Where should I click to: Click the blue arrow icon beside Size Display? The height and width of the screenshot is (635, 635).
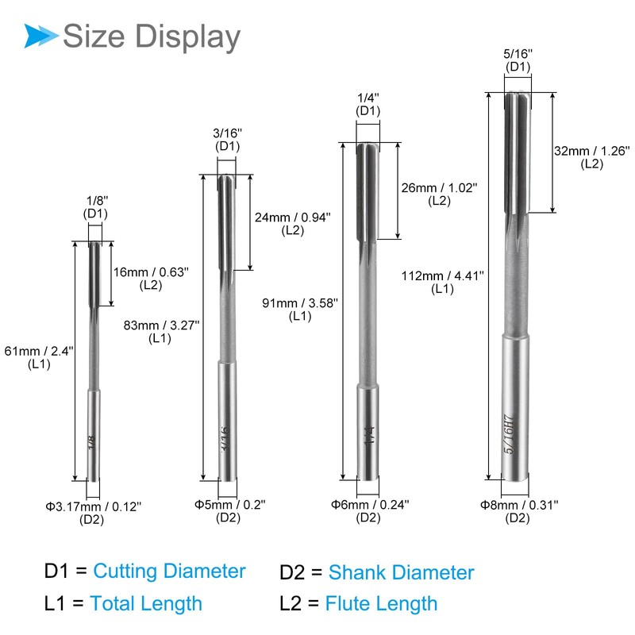40,36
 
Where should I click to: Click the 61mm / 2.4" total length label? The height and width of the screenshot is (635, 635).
39,351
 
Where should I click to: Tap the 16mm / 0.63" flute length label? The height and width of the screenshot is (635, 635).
151,271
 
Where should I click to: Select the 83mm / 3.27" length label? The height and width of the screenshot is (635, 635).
162,325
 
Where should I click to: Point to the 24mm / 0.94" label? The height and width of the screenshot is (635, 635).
293,217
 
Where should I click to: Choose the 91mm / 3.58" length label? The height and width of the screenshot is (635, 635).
300,303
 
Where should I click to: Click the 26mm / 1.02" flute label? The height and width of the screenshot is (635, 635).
440,187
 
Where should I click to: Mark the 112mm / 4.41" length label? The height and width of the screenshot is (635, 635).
443,275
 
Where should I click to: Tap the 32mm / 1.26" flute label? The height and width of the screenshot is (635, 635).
592,151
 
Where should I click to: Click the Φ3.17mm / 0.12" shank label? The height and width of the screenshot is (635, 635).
94,506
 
